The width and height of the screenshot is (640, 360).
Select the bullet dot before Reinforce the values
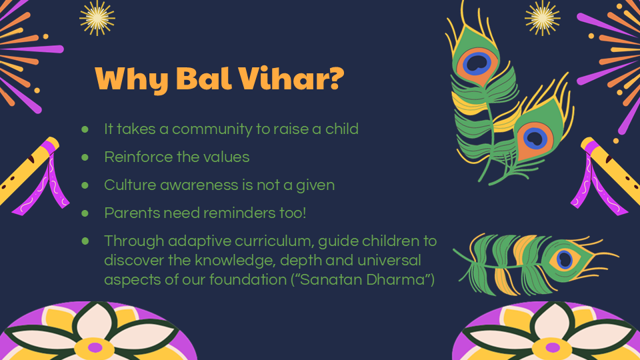pyautogui.click(x=85, y=157)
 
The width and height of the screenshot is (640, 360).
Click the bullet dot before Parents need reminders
pyautogui.click(x=85, y=213)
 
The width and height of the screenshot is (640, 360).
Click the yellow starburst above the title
pyautogui.click(x=97, y=18)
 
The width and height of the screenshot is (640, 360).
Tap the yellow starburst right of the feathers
pyautogui.click(x=542, y=18)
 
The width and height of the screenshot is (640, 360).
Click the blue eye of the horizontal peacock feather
pyautogui.click(x=565, y=259)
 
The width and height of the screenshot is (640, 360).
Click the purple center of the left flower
pyautogui.click(x=95, y=348)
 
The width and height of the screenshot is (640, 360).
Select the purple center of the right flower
pyautogui.click(x=553, y=348)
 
